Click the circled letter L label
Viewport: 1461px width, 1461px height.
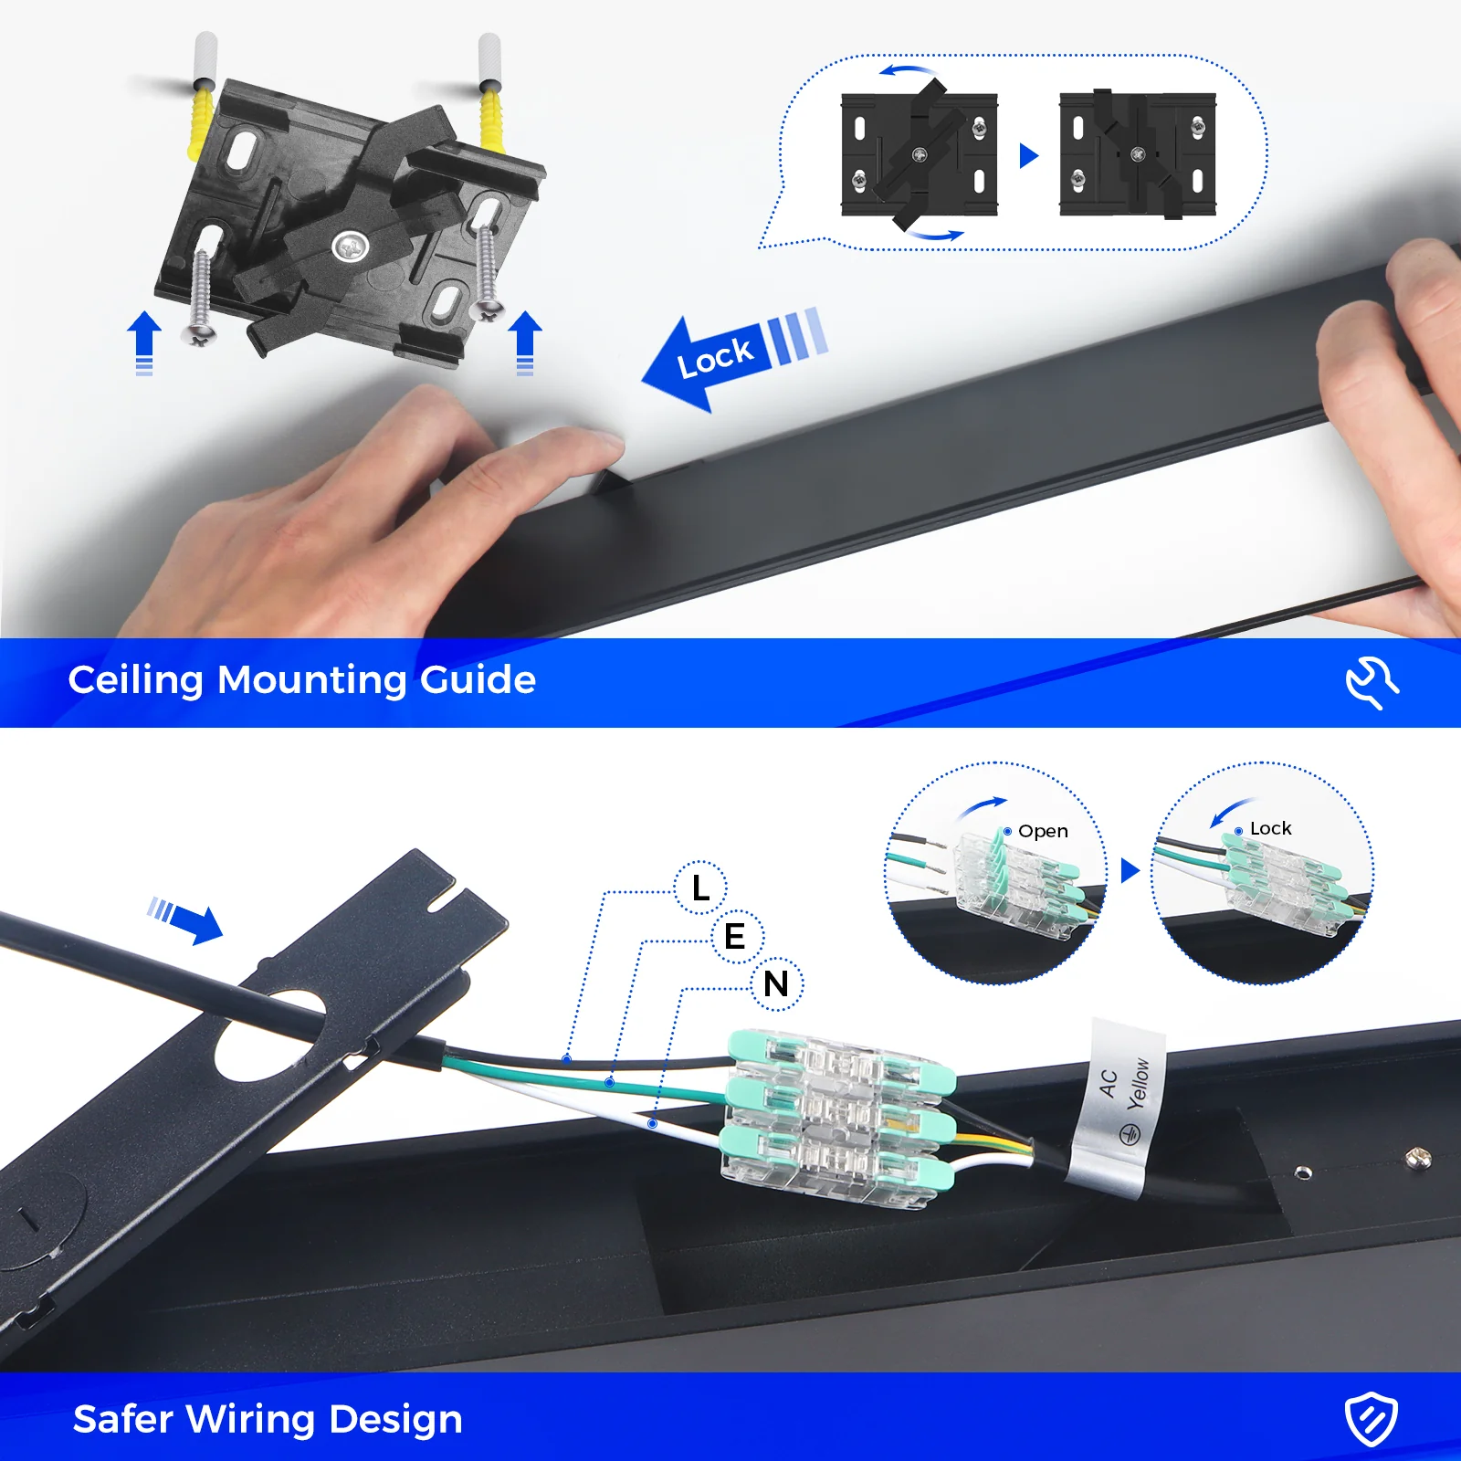coord(700,887)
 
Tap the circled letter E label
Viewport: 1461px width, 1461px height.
coord(735,936)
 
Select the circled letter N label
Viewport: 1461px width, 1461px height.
coord(776,984)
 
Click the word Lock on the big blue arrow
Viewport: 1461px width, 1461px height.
coord(715,357)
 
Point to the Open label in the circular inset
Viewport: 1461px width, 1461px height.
coord(1043,831)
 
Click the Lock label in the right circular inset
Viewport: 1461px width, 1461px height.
coord(1270,828)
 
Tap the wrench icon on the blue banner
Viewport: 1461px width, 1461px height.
coord(1371,681)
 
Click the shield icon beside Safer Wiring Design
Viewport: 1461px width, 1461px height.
coord(1371,1419)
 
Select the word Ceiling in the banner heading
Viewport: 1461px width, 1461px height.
coord(135,680)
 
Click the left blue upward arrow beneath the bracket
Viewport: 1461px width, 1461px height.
coord(144,341)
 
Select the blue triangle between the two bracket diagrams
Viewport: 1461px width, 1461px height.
coord(1028,155)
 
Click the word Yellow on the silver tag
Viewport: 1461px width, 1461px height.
coord(1139,1083)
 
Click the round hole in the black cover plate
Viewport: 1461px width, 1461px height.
coord(269,1036)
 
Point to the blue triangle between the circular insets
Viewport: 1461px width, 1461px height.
coord(1130,869)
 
